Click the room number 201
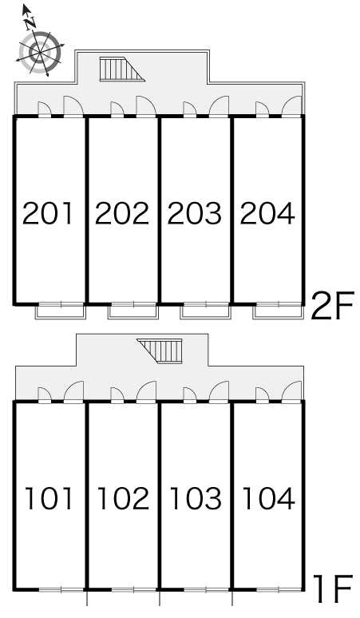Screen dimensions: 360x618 [x=48, y=213]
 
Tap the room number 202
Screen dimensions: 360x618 [x=122, y=213]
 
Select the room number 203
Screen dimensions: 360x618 [x=195, y=213]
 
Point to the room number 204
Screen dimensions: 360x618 [x=267, y=213]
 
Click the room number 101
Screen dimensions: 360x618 [x=49, y=498]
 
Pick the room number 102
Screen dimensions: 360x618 [x=123, y=498]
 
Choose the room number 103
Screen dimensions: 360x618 [x=196, y=498]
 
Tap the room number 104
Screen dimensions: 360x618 [x=269, y=498]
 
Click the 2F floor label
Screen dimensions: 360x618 [x=333, y=306]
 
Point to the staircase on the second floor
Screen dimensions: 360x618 [x=122, y=69]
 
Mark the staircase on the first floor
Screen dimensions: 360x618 [x=160, y=351]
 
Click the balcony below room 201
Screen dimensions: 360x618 [x=60, y=311]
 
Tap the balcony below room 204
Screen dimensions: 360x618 [x=278, y=311]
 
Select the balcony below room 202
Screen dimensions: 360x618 [x=133, y=311]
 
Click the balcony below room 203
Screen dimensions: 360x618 [x=206, y=311]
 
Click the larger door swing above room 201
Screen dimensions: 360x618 [x=73, y=106]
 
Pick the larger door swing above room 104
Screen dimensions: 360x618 [x=292, y=391]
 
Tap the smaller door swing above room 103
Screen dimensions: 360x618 [x=190, y=395]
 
